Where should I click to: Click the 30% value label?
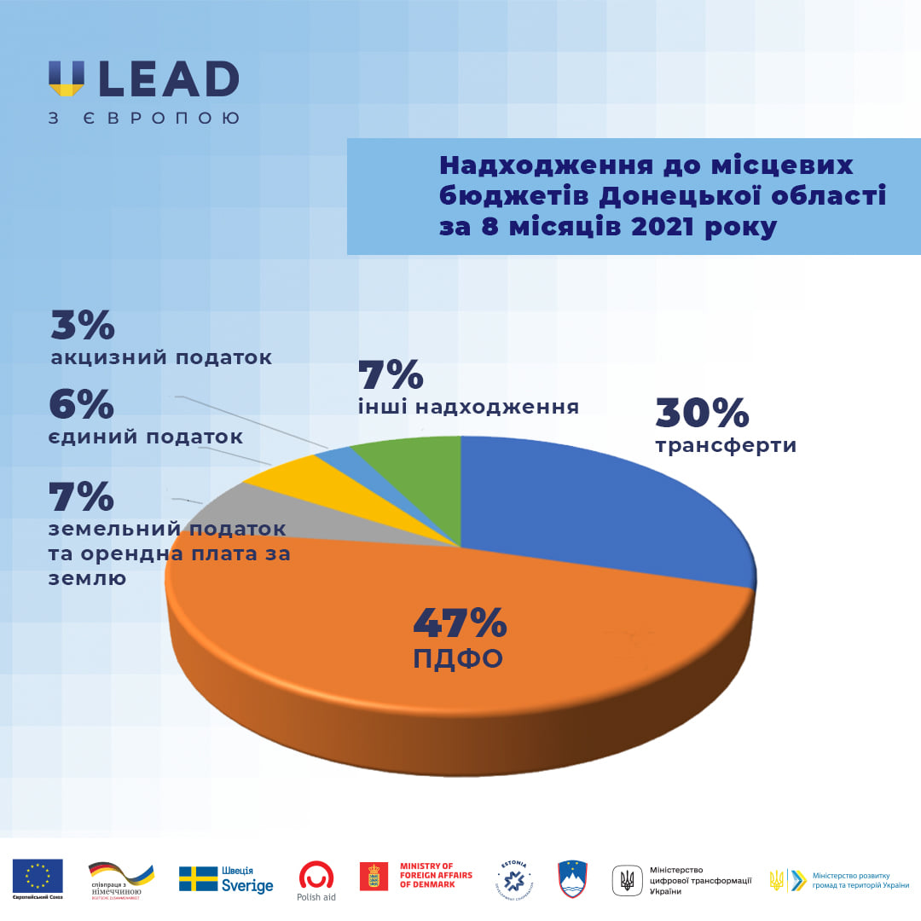(702, 414)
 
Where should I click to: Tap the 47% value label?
(460, 623)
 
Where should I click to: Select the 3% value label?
(82, 326)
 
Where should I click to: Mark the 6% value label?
(81, 405)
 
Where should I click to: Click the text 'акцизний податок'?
(161, 358)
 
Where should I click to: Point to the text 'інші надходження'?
(468, 407)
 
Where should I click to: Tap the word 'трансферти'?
(726, 445)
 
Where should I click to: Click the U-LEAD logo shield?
(67, 78)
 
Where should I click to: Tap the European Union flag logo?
(38, 875)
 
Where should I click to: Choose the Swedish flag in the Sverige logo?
(198, 878)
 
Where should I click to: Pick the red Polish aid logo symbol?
(316, 873)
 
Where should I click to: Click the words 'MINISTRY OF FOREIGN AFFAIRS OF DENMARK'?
(437, 875)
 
